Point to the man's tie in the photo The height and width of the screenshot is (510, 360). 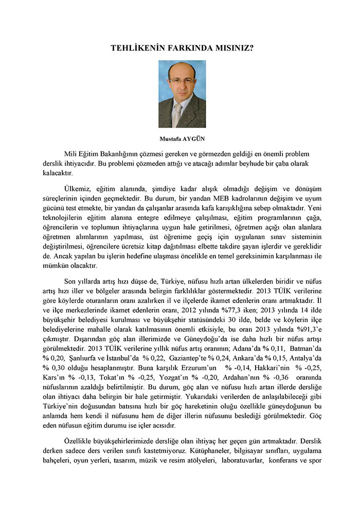coord(177,114)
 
